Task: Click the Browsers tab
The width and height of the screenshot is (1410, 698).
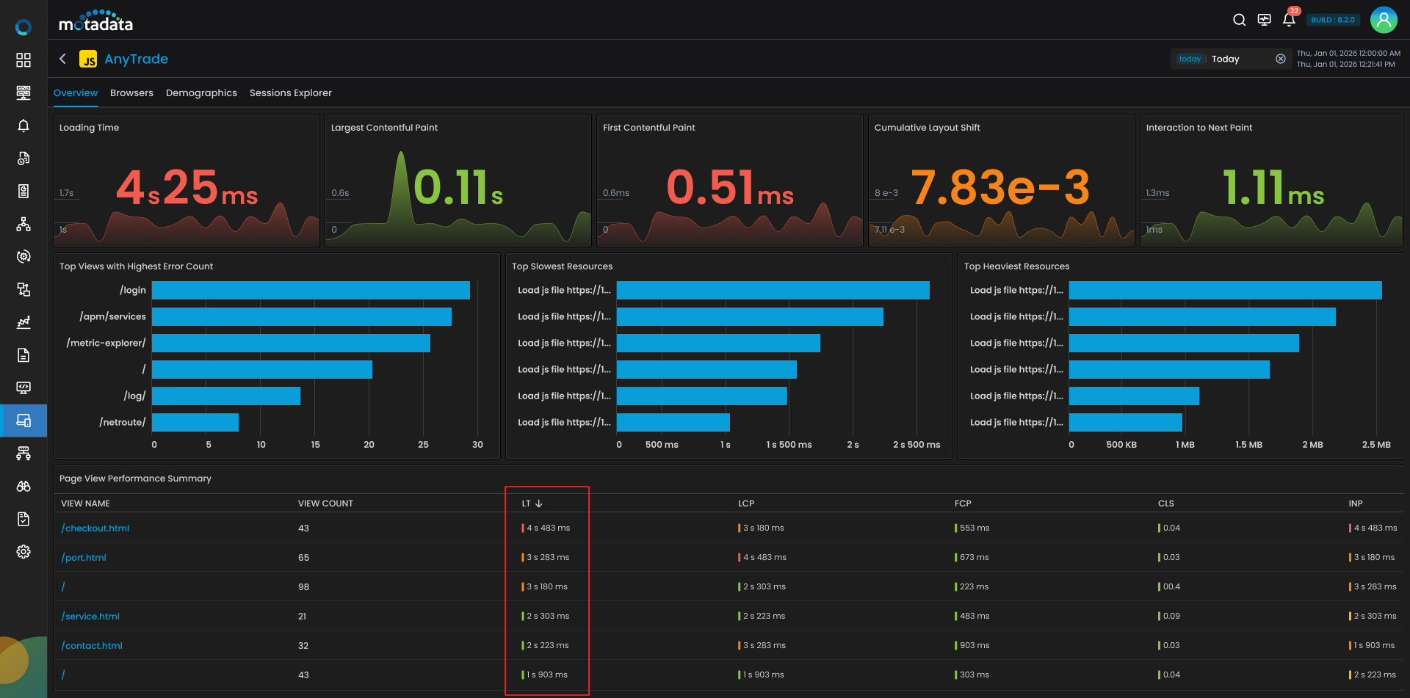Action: point(131,93)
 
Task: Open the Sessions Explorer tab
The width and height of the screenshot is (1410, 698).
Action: point(291,93)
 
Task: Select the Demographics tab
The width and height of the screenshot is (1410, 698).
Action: point(201,93)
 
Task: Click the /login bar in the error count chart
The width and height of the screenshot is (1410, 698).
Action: point(311,291)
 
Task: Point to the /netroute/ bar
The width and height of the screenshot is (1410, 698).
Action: point(195,423)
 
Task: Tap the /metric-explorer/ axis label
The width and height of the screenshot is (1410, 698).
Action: point(106,343)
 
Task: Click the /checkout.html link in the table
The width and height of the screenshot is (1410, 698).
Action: point(95,528)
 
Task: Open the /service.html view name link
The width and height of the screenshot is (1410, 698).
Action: point(90,617)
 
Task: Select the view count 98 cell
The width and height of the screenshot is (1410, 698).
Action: point(303,587)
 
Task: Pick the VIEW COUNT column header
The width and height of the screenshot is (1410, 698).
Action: point(325,503)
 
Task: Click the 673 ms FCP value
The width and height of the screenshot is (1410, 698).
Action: point(975,558)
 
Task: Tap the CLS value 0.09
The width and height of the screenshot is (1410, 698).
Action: point(1171,617)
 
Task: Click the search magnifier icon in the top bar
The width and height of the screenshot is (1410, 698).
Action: point(1239,20)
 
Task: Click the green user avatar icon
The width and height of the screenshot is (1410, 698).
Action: point(1384,20)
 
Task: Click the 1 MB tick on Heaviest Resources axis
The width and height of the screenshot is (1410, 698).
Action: point(1185,445)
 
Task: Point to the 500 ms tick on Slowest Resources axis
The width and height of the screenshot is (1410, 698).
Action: point(662,445)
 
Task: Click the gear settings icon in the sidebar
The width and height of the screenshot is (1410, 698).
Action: point(23,552)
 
